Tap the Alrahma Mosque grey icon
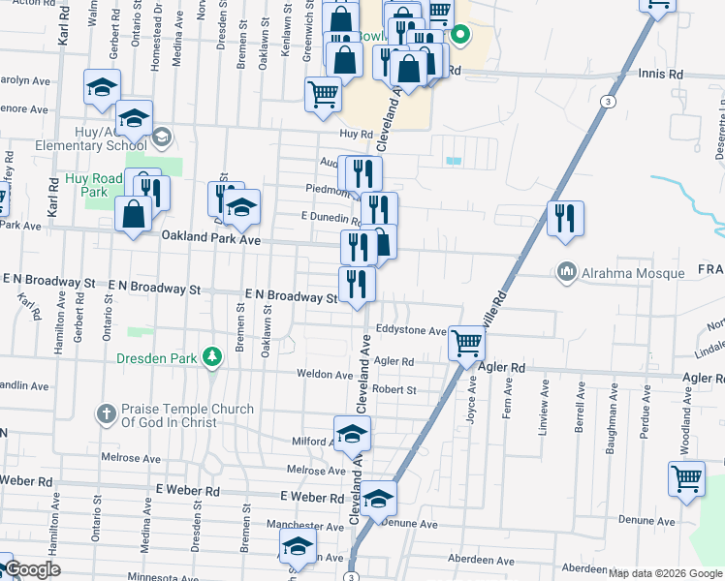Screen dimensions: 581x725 (x=567, y=274)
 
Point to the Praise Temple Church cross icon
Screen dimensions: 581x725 (x=106, y=414)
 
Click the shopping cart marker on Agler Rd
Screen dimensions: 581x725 (x=467, y=342)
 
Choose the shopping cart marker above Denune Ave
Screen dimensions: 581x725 (x=686, y=477)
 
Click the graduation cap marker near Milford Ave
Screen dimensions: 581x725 (x=352, y=433)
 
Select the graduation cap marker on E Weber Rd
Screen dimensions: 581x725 (x=379, y=498)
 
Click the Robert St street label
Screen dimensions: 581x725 (x=394, y=390)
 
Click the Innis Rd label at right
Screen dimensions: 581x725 (x=662, y=73)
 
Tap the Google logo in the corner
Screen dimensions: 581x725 (x=32, y=569)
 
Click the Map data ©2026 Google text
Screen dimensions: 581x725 (x=664, y=573)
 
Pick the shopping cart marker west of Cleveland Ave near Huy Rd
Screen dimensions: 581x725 (x=323, y=95)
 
